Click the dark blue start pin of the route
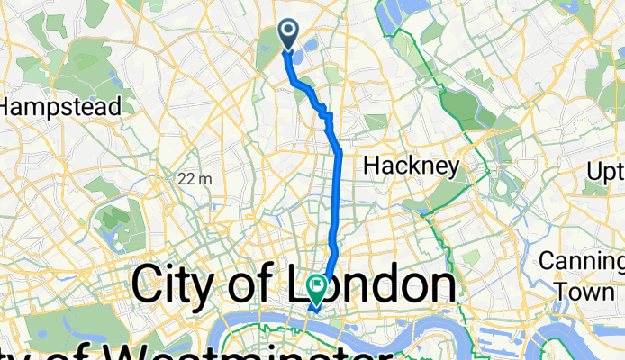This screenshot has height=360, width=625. point(289,33)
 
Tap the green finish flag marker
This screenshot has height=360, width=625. point(318,287)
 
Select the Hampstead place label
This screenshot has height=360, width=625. point(59,106)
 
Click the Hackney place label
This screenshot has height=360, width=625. point(412,166)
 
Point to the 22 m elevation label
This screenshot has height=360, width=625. point(195,178)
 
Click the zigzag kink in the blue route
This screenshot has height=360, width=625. point(325,112)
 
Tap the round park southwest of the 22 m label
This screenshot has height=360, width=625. point(117,220)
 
